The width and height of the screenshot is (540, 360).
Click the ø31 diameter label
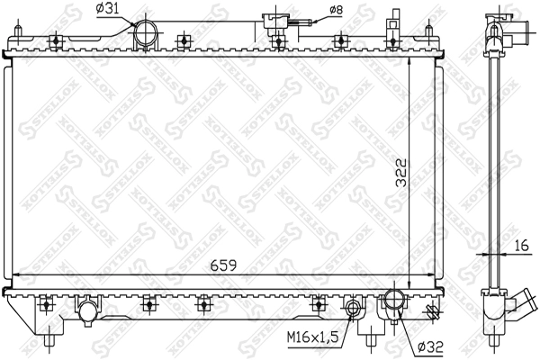[x=108, y=9]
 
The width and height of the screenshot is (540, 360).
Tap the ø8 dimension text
[x=336, y=10]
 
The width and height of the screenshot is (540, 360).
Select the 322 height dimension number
[x=400, y=173]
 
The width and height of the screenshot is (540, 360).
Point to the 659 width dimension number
[x=224, y=265]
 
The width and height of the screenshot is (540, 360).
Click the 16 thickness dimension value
[x=521, y=246]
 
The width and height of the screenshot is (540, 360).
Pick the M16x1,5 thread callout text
[x=312, y=337]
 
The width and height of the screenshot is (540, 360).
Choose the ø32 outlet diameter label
[x=430, y=346]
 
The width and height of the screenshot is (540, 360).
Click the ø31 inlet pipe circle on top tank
[x=145, y=33]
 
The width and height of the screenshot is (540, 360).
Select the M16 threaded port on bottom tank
[x=352, y=307]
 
